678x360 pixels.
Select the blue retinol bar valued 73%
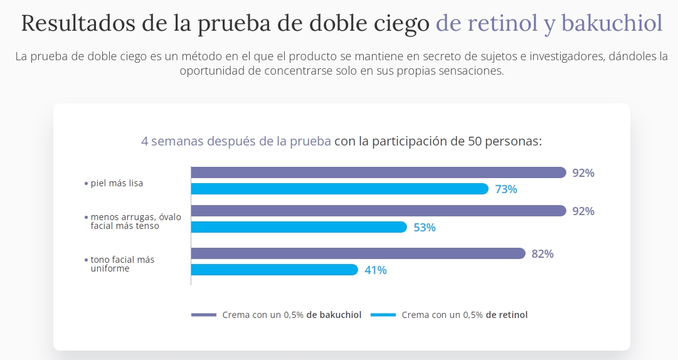click(x=339, y=189)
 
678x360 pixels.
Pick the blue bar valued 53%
click(x=299, y=227)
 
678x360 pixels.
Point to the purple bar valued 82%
click(x=358, y=253)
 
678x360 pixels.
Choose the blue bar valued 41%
click(x=274, y=270)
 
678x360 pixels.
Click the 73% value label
click(x=506, y=189)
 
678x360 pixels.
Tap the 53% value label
click(x=425, y=228)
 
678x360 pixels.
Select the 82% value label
click(x=543, y=254)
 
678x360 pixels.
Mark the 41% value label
click(x=376, y=270)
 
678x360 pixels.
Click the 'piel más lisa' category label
click(x=117, y=183)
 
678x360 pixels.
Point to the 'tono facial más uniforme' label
click(x=122, y=264)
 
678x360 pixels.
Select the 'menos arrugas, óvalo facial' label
click(x=135, y=221)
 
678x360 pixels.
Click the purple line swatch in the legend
click(x=203, y=315)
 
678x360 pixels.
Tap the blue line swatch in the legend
click(x=383, y=315)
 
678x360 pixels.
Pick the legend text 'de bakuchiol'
click(x=334, y=315)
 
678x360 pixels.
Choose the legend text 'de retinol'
click(x=506, y=315)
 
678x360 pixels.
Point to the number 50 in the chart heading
click(x=475, y=141)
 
